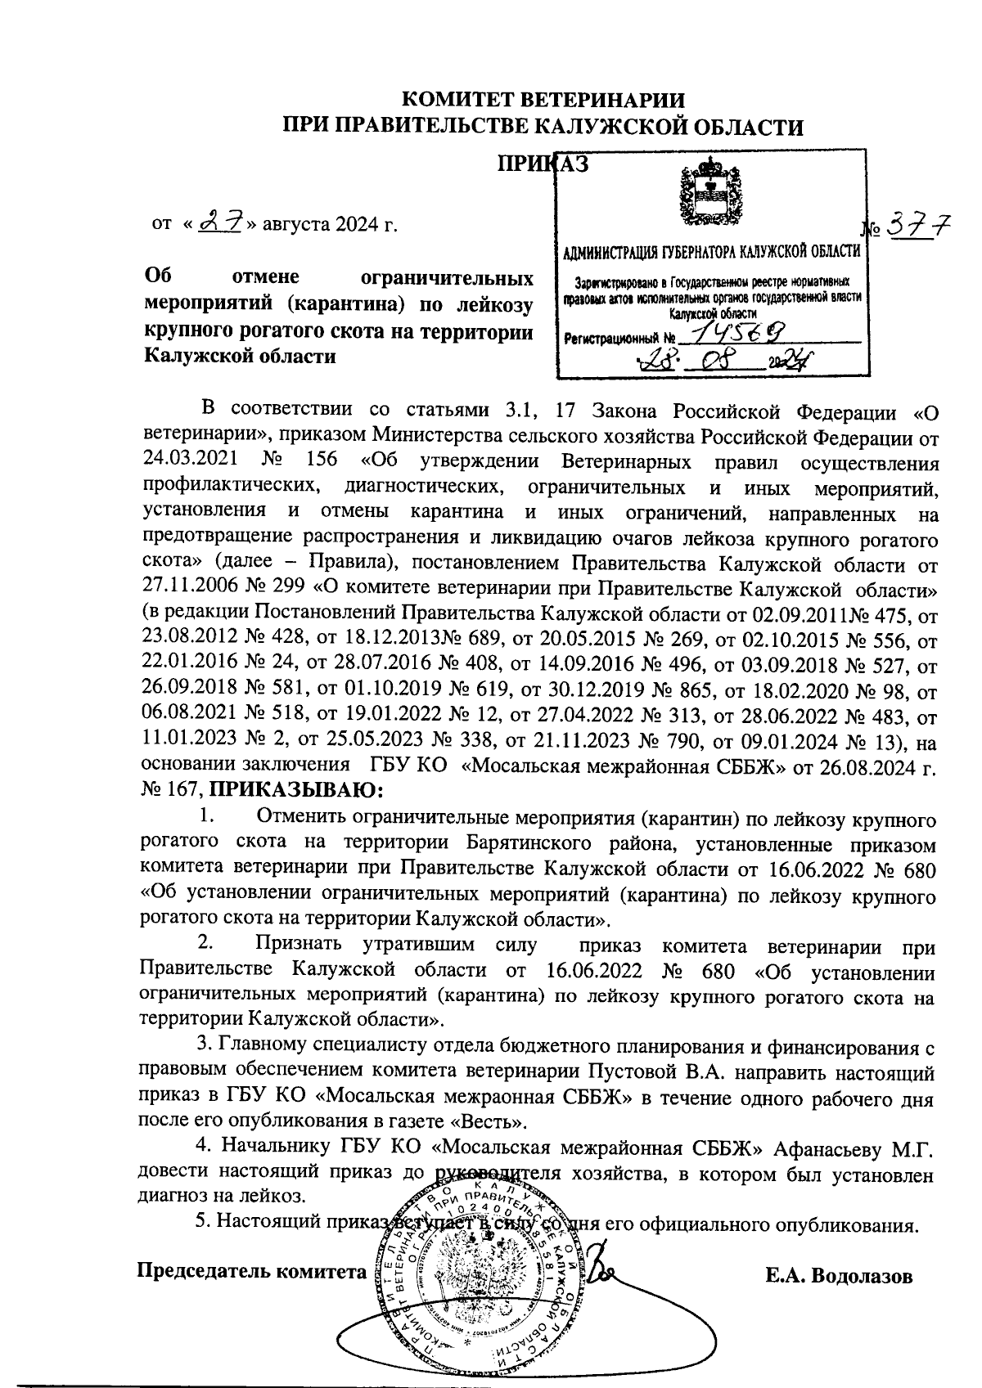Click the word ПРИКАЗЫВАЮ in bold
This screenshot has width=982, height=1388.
(297, 790)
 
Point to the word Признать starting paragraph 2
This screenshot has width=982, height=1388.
(296, 946)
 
